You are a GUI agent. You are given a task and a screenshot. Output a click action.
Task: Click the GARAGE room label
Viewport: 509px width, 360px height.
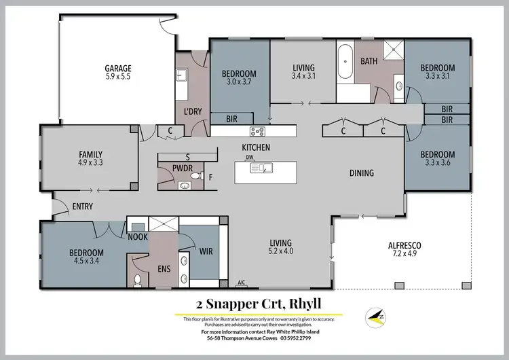117,68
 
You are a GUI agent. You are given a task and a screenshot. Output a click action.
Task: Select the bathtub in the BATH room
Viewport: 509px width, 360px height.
345,62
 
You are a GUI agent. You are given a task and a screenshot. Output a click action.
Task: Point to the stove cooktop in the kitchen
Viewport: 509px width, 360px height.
258,132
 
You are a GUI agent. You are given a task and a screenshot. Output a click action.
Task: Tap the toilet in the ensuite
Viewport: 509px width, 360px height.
138,280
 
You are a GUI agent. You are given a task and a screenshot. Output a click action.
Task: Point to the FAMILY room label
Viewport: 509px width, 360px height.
90,154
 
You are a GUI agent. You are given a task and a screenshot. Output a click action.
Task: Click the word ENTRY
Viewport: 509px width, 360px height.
81,206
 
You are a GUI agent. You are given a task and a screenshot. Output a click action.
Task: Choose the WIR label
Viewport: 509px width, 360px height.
206,251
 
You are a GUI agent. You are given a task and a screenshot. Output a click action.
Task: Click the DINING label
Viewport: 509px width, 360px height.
361,173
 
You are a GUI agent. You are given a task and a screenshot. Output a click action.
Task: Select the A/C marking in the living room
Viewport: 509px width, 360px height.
241,283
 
